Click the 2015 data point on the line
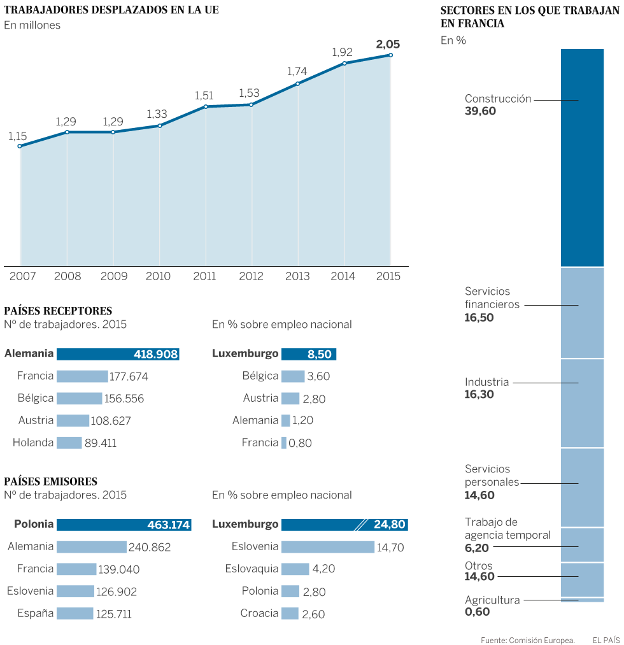[390, 55]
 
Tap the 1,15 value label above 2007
[17, 136]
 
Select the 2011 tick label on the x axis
[204, 276]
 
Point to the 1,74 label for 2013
[297, 71]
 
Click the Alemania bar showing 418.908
[118, 354]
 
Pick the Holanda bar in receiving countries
[69, 443]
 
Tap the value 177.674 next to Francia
[129, 377]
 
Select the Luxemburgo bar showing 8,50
[308, 354]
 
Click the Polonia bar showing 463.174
[124, 525]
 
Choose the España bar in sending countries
[74, 614]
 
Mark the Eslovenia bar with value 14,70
[327, 547]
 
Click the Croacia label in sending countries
[259, 614]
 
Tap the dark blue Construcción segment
[582, 157]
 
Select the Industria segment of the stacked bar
[582, 403]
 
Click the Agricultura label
[492, 600]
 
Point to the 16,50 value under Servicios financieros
[479, 317]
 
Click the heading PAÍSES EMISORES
[50, 482]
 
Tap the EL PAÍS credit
[606, 639]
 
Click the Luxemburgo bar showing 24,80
[344, 525]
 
